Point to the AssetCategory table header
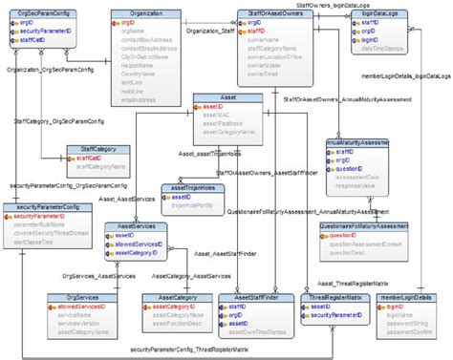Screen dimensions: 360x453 click(x=170, y=297)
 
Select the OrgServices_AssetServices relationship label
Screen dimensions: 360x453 click(x=89, y=274)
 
